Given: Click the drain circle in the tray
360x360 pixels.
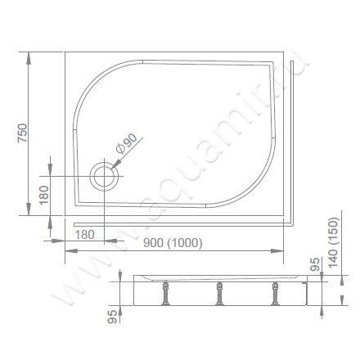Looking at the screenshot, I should tap(105, 175).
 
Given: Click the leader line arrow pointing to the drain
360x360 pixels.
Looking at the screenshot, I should tap(115, 165).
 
